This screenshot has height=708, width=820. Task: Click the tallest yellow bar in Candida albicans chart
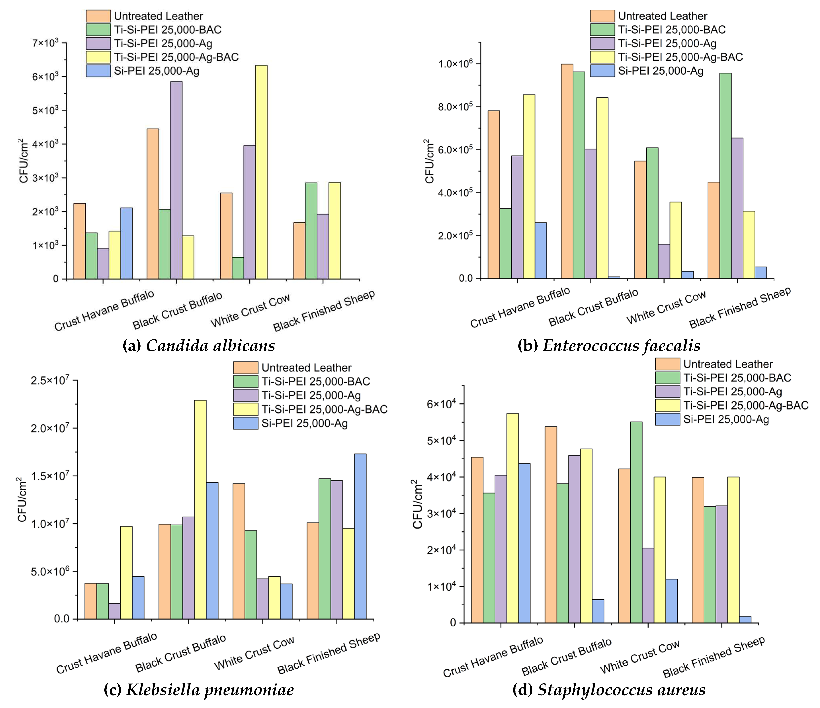tap(261, 172)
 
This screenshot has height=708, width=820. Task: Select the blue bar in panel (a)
tap(127, 243)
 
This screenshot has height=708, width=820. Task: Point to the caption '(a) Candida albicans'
tap(199, 346)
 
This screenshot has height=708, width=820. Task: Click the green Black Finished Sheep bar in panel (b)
tap(725, 176)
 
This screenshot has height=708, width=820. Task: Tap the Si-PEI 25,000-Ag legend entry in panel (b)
tap(661, 71)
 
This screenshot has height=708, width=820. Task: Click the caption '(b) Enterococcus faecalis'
tap(609, 346)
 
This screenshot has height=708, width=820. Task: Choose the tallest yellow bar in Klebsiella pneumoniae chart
tap(200, 509)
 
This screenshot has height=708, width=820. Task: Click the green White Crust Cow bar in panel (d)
tap(636, 522)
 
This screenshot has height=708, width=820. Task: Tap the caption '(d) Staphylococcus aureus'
tap(609, 689)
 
